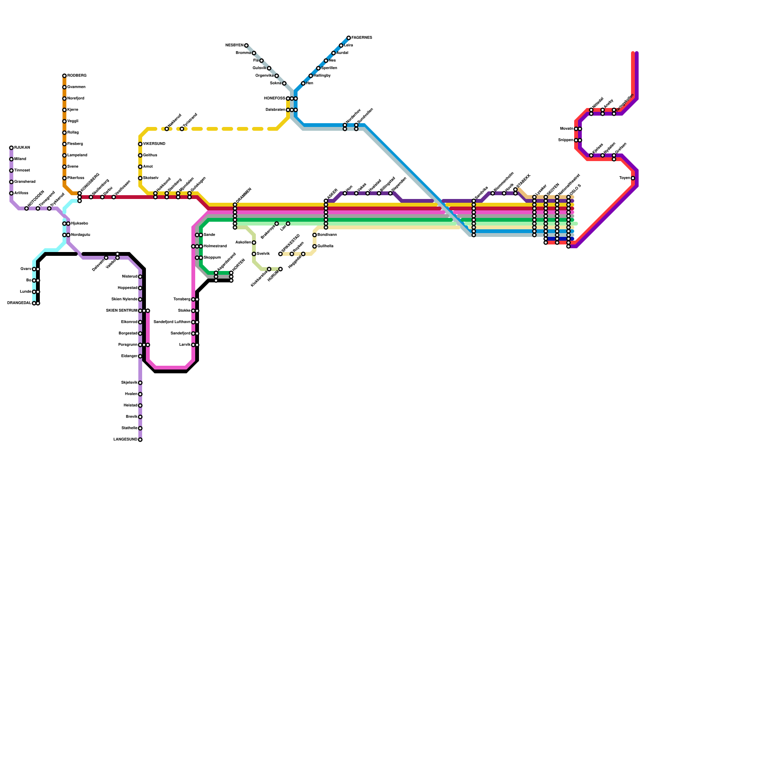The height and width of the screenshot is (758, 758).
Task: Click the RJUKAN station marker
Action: [11, 148]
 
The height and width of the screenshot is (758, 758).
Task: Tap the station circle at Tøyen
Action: [633, 178]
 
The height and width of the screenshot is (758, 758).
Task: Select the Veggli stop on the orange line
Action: [64, 121]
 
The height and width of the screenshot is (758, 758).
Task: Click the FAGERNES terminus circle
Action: [349, 38]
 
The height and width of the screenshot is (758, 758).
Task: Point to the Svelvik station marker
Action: [254, 254]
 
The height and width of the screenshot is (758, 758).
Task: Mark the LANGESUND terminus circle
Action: [140, 440]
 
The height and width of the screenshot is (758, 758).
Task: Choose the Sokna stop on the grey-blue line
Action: [284, 83]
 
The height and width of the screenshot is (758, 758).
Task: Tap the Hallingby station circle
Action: [311, 76]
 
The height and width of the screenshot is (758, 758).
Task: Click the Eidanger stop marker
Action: [140, 356]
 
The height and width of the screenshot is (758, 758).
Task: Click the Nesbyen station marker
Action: [246, 45]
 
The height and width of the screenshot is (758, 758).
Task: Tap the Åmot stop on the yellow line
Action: [140, 167]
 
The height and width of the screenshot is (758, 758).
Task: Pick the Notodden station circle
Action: [27, 208]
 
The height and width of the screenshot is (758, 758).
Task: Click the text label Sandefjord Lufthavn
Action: [172, 322]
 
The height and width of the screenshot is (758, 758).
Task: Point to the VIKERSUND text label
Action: [154, 144]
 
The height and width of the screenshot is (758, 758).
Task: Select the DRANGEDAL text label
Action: [19, 303]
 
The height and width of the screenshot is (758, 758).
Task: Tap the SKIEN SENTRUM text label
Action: [121, 311]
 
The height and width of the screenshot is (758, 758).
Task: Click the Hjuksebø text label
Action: [80, 224]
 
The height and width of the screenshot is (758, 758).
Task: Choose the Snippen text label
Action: [566, 140]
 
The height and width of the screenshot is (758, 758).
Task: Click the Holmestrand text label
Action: [215, 246]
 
